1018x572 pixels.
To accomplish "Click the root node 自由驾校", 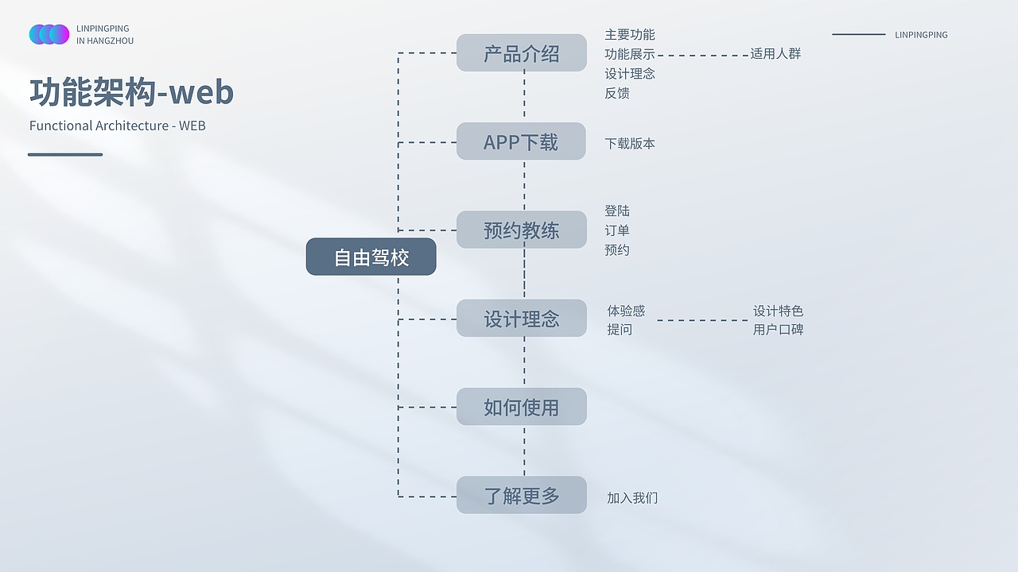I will [371, 257].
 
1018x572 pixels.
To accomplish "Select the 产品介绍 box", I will [521, 53].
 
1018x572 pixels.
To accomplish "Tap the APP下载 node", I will [521, 141].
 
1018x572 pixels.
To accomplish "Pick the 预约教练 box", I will [521, 230].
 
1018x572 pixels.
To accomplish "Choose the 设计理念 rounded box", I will [521, 319].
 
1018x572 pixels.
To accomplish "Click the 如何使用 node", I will [521, 407].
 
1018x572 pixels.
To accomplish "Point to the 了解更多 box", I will [521, 495].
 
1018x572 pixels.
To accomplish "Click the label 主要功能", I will [630, 35].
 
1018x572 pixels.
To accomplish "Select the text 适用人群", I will [775, 54].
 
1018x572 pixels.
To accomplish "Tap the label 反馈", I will [617, 93].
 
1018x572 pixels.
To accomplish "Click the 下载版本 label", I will [630, 144].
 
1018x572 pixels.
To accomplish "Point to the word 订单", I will [617, 230].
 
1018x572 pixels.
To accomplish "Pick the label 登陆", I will [617, 211].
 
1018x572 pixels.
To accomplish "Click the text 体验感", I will [626, 311].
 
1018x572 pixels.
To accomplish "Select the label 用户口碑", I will [778, 329].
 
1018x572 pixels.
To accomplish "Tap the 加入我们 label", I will [632, 498].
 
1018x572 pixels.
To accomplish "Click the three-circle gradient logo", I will [49, 34].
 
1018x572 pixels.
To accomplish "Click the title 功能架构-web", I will [132, 92].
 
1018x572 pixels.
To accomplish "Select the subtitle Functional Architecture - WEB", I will [118, 126].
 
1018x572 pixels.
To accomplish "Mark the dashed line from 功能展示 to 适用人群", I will [702, 56].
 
